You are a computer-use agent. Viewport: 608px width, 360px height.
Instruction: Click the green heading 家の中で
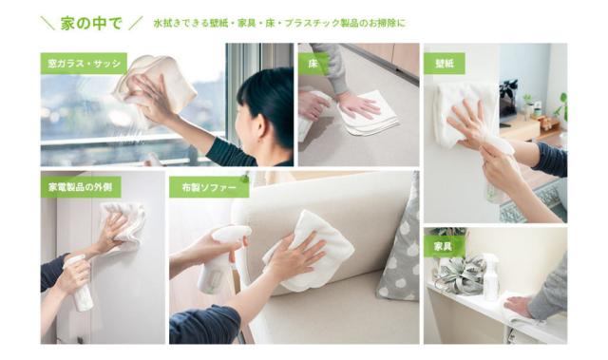click(x=91, y=23)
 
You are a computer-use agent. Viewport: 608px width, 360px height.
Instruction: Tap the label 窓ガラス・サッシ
click(x=84, y=63)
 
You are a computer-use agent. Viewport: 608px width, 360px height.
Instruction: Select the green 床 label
click(x=313, y=64)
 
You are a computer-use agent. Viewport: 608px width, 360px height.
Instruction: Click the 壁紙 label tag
click(x=445, y=63)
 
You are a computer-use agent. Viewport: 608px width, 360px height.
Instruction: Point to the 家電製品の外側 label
click(x=81, y=187)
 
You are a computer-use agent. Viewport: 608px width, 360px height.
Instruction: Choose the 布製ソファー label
click(x=209, y=187)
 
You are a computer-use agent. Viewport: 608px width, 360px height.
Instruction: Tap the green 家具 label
click(x=443, y=246)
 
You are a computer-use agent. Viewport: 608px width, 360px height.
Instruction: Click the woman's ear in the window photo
click(x=260, y=126)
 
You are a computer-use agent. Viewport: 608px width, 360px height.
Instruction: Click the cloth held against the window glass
click(x=155, y=85)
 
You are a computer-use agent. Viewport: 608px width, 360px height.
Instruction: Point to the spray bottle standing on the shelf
click(x=490, y=276)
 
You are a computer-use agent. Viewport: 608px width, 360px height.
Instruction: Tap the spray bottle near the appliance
click(x=80, y=284)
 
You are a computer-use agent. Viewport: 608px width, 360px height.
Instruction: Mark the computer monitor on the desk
click(x=508, y=104)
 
